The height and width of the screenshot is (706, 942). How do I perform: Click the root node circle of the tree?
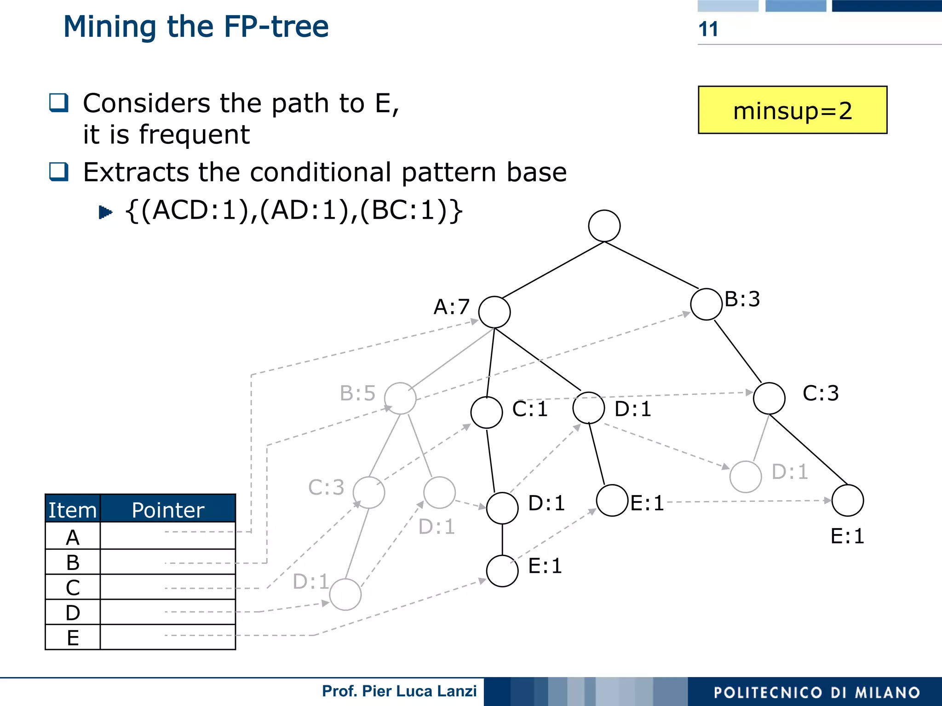coord(604,226)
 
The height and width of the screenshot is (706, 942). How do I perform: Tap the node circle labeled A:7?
coord(494,312)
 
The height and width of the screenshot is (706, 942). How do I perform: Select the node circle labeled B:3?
coord(706,304)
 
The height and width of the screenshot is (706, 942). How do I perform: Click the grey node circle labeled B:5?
coord(400,398)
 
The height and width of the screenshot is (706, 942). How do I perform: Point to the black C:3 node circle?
coord(769,398)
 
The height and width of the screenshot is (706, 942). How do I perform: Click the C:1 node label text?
coord(530,409)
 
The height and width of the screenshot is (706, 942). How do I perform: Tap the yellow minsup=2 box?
coord(792,110)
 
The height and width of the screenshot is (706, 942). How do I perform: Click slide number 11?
coord(708,29)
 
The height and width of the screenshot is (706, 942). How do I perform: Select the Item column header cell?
coord(73,510)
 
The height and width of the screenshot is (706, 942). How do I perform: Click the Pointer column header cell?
coord(168,510)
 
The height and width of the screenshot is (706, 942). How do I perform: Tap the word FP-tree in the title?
coord(276,27)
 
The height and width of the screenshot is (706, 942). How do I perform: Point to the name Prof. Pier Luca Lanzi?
coord(399,691)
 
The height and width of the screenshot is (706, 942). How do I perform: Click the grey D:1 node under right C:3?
coord(745,477)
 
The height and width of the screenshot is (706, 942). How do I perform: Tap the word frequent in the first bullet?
coord(194,135)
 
